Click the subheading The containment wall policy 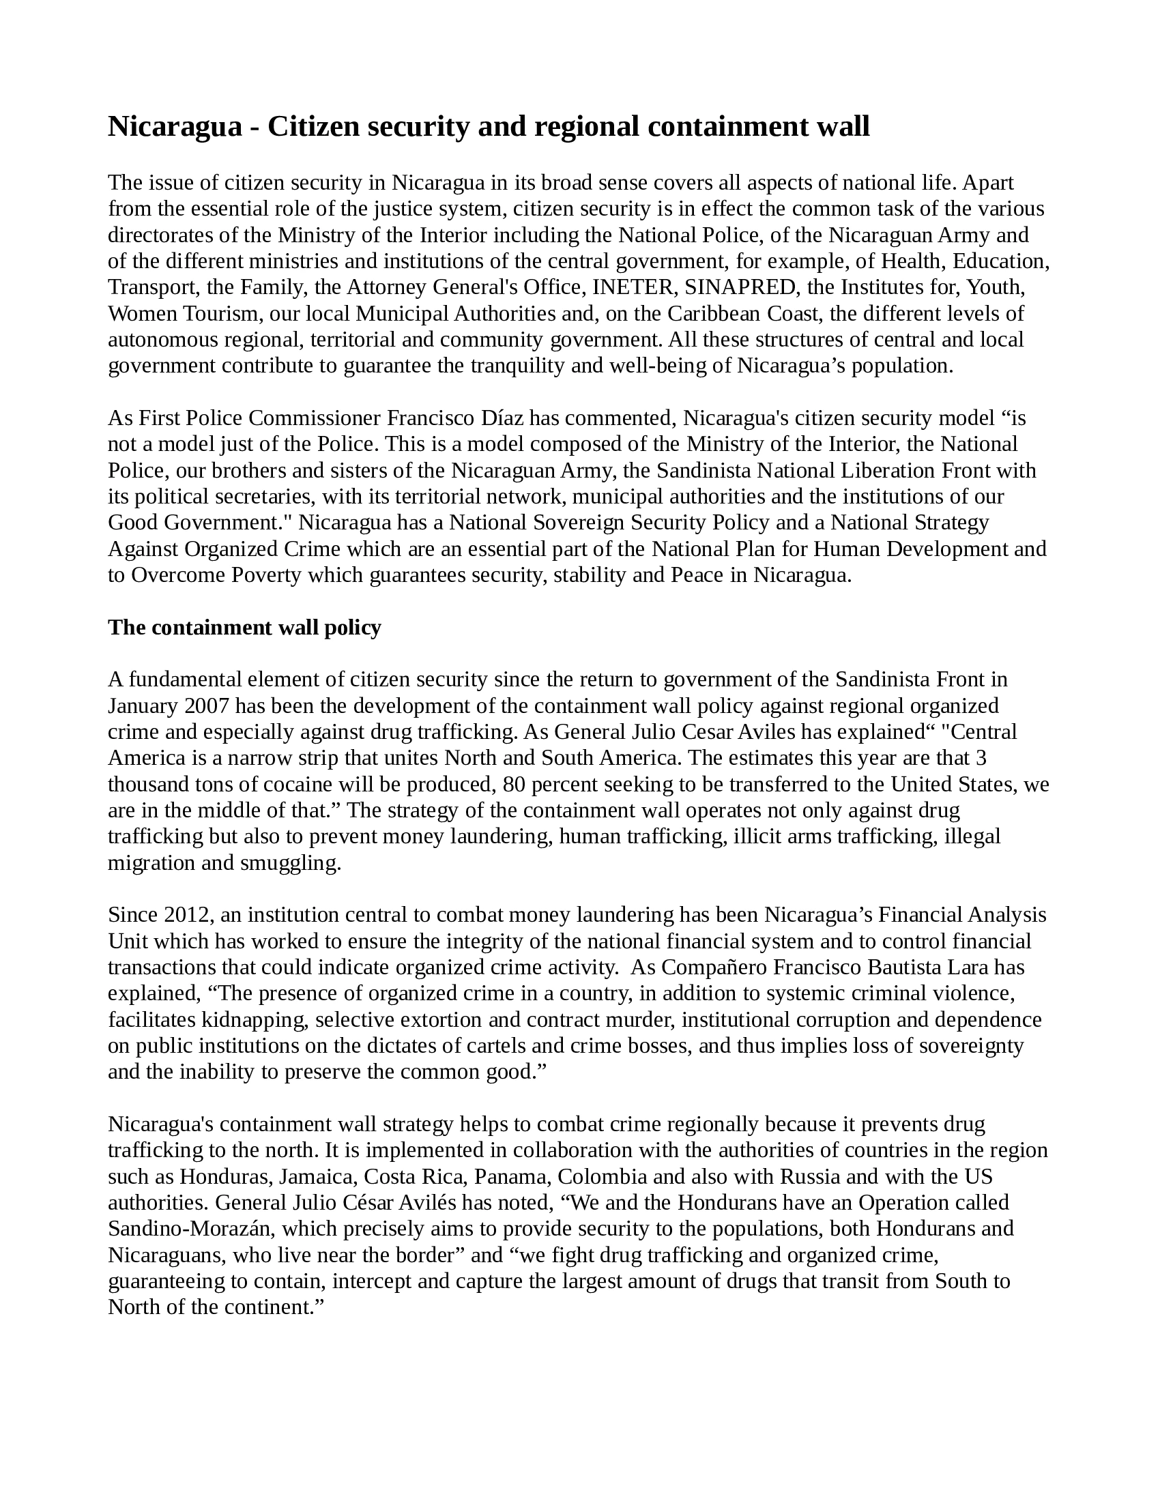tap(244, 628)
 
